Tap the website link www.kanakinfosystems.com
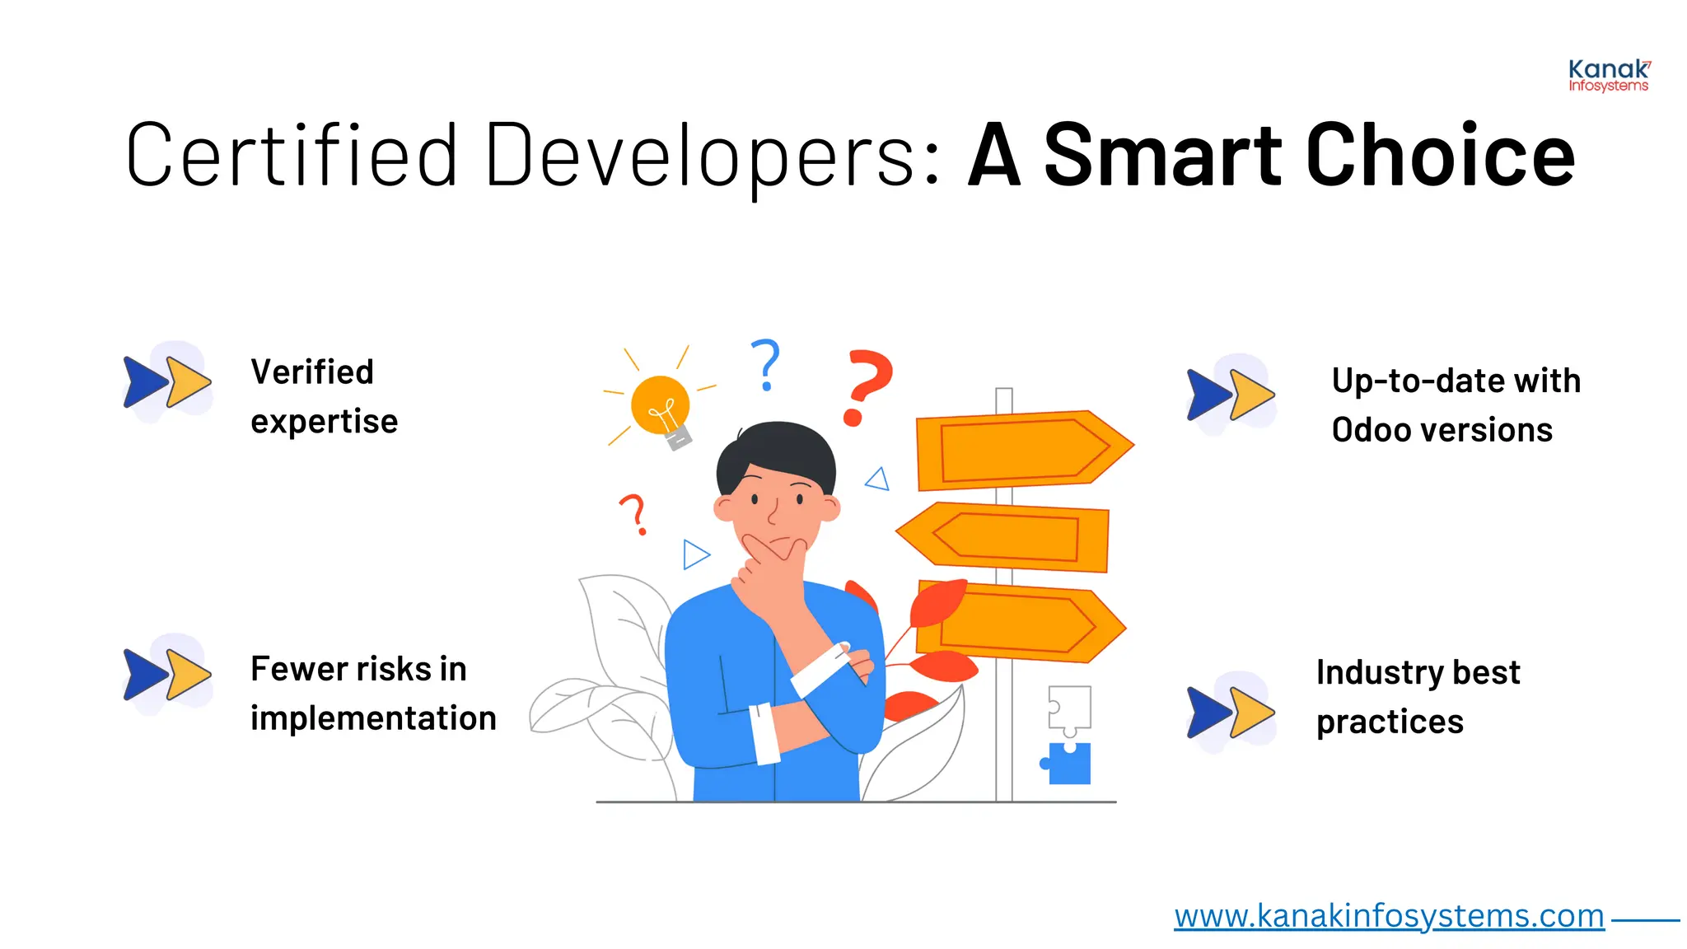pos(1389,916)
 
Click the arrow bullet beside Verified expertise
pos(167,382)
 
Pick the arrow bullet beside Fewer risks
pos(167,675)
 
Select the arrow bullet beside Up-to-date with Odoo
pos(1231,395)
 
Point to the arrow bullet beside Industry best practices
pos(1231,712)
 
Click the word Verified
pos(312,372)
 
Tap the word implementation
pos(373,718)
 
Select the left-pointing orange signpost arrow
pos(1003,537)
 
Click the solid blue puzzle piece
pos(1069,763)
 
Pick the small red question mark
pos(633,514)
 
